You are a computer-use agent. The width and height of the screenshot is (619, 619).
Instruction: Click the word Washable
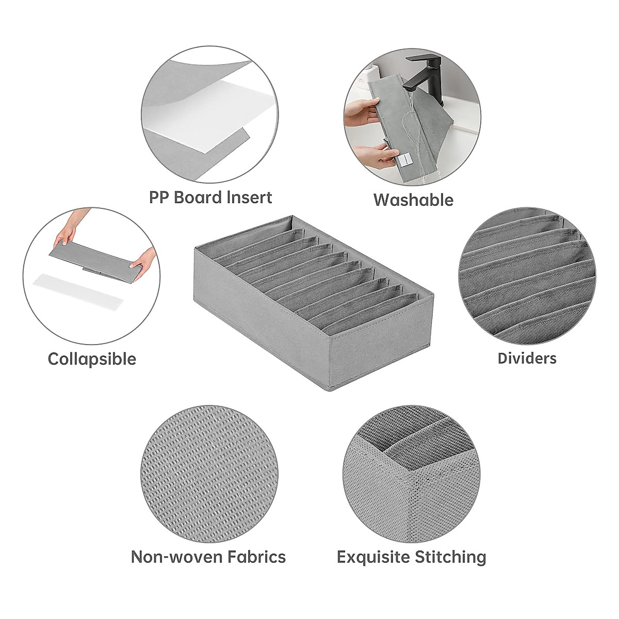(x=413, y=200)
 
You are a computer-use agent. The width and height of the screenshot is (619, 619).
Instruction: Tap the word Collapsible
(x=92, y=359)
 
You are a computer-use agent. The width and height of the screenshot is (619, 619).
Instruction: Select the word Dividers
(x=527, y=358)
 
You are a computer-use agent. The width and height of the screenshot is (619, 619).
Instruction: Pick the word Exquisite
(x=370, y=557)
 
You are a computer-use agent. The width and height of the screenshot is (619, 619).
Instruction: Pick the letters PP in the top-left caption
(x=159, y=198)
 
